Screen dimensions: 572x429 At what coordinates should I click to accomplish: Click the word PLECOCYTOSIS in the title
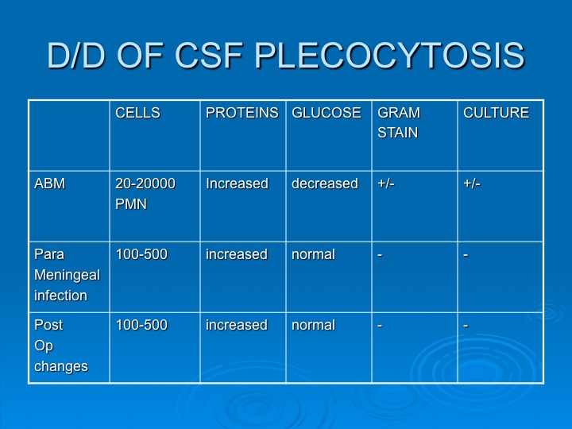pos(389,56)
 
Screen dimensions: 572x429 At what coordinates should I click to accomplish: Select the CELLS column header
pos(138,113)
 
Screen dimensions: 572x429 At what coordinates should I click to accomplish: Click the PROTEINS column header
pos(242,113)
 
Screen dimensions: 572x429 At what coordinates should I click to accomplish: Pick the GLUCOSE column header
pos(327,113)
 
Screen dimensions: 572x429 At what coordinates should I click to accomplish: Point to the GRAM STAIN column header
pos(399,122)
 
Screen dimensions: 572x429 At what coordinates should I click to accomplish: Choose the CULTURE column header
pos(496,113)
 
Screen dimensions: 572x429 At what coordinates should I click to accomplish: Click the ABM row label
pos(49,184)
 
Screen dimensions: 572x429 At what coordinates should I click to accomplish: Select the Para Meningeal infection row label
pos(67,275)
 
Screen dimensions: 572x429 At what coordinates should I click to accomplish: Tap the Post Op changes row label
pos(61,346)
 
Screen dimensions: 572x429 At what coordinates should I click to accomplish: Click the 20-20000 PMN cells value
pos(145,193)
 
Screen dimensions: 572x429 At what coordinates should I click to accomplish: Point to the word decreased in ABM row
pos(325,184)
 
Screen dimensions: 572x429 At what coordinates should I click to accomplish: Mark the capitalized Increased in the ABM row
pos(237,184)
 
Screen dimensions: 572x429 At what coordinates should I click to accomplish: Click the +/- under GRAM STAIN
pos(386,184)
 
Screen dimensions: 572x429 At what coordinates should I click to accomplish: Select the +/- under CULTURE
pos(472,184)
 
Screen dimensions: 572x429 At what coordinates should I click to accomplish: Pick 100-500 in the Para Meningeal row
pos(141,254)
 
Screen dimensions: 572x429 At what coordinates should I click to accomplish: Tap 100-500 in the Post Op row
pos(141,325)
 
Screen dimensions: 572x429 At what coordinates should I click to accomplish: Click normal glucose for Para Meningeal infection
pos(313,254)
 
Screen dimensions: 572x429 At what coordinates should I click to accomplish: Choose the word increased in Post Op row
pos(237,325)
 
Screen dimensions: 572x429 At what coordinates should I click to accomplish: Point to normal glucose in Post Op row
pos(313,325)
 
